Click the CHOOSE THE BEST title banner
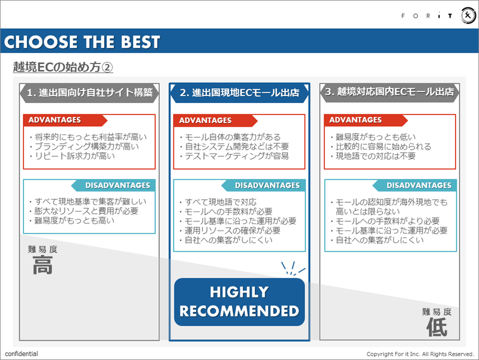click(82, 42)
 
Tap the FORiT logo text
click(427, 16)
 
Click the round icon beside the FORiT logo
click(468, 16)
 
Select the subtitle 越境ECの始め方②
click(63, 67)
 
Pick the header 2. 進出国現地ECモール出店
click(239, 92)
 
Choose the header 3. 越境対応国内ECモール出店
click(389, 92)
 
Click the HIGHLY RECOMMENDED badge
click(239, 301)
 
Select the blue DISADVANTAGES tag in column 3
click(419, 185)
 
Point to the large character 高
click(42, 266)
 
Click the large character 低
click(436, 327)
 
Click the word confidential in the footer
click(22, 354)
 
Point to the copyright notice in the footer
click(420, 354)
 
